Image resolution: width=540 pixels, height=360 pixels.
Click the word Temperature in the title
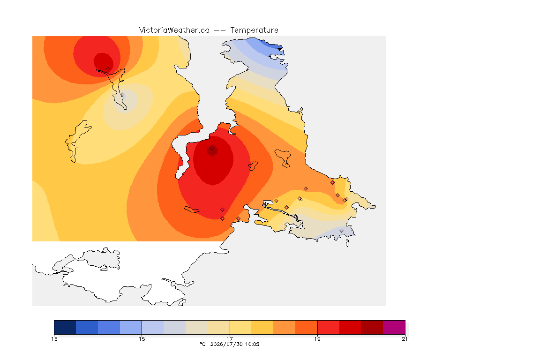(254, 30)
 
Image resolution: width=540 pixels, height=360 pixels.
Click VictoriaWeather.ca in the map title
(174, 30)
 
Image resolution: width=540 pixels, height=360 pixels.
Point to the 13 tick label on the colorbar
(54, 339)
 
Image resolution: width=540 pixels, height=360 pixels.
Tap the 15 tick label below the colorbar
(142, 339)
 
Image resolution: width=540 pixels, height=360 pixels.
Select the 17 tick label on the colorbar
(230, 339)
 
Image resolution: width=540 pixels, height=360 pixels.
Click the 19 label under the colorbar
(317, 339)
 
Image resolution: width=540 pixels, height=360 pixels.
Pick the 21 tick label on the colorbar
(405, 339)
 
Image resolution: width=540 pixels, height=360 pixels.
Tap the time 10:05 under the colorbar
(253, 344)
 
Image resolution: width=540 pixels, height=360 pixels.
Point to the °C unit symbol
(203, 344)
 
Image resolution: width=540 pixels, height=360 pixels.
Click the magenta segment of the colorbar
(394, 327)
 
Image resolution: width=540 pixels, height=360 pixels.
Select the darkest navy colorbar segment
(65, 327)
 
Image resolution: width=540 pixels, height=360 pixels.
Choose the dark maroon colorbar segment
(372, 327)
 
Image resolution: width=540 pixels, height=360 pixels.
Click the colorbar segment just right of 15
(153, 327)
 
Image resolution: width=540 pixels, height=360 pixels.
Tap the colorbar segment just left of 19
(306, 327)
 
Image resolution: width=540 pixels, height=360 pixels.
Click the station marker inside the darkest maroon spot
(212, 149)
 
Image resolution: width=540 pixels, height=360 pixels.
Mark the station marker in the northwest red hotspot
(108, 69)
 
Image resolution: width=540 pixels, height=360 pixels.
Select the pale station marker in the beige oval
(122, 94)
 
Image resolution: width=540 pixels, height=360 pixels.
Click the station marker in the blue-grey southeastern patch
(341, 231)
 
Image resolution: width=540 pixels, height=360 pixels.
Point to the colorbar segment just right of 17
(241, 327)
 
